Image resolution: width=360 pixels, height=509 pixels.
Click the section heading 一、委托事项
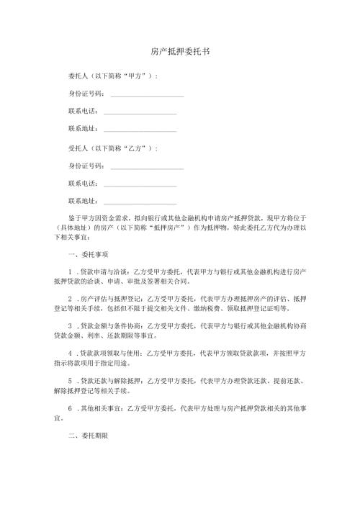pyautogui.click(x=87, y=254)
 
